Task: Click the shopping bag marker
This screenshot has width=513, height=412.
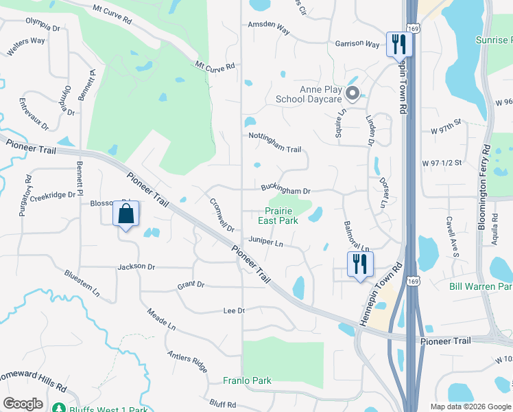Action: pos(126,214)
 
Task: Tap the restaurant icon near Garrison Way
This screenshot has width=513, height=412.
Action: pos(398,45)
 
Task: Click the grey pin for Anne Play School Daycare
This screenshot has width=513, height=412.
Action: pos(353,93)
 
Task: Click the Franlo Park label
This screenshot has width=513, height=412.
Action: pos(247,380)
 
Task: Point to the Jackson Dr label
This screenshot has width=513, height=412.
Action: pos(136,266)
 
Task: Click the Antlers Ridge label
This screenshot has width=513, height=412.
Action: pos(187,362)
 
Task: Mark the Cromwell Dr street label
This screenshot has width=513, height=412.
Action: pos(222,215)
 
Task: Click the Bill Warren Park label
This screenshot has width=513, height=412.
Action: pos(480,286)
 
